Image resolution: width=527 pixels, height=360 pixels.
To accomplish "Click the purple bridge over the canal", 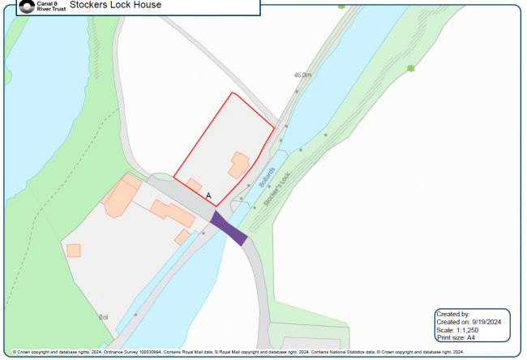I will click(x=230, y=227).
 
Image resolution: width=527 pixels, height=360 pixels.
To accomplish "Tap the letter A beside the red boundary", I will click(x=209, y=196).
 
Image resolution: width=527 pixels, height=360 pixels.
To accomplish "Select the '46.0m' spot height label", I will click(x=302, y=75).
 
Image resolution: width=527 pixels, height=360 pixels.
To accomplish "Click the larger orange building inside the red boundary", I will click(x=238, y=164).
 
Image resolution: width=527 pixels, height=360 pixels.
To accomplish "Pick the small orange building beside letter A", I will click(x=195, y=184).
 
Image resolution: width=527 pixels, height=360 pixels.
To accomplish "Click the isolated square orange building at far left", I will click(x=74, y=251).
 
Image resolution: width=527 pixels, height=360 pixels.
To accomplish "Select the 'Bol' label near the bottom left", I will click(x=103, y=316).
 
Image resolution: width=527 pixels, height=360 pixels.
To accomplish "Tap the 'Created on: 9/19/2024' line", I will click(x=469, y=322).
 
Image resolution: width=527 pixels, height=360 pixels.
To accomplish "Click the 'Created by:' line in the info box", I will click(x=453, y=314).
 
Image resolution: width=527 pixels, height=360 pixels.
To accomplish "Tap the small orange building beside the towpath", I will click(x=182, y=237).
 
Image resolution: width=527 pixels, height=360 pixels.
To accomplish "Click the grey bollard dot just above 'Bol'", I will click(x=135, y=313).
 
